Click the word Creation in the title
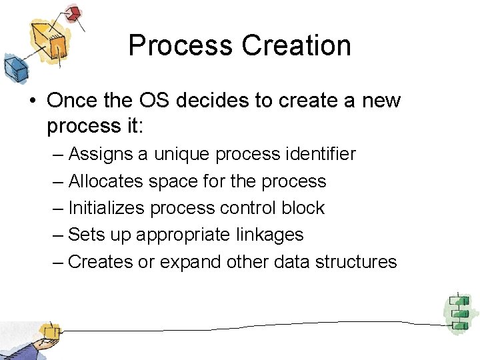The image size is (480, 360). pos(296,45)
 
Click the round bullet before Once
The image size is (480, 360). pos(33,101)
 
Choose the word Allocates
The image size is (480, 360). pos(107,181)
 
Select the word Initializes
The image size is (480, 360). pos(106,208)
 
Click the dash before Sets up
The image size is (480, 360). pos(59,235)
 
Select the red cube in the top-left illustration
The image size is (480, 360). pos(73,13)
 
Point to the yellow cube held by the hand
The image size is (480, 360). pos(49,331)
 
